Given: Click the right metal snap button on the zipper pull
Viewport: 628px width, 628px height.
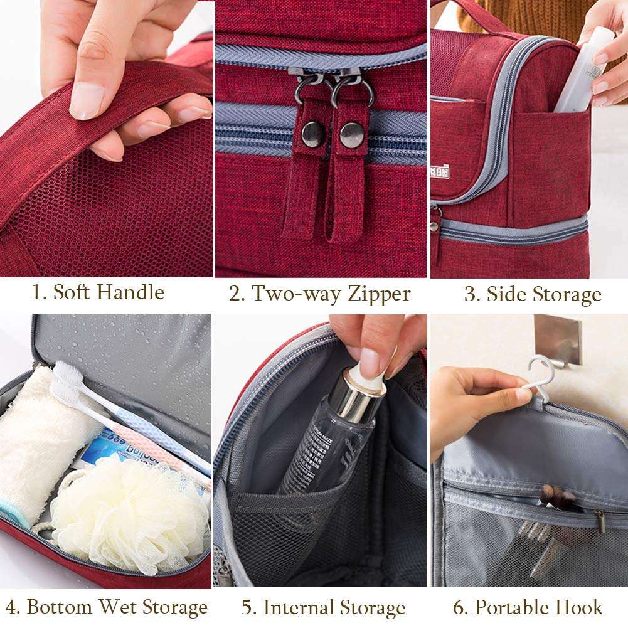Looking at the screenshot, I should pyautogui.click(x=352, y=135).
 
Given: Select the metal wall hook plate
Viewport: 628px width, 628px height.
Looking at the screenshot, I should pyautogui.click(x=557, y=339).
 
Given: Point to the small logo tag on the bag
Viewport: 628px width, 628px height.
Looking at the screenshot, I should pyautogui.click(x=439, y=169).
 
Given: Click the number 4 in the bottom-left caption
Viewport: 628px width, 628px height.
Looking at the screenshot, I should pyautogui.click(x=13, y=607).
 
